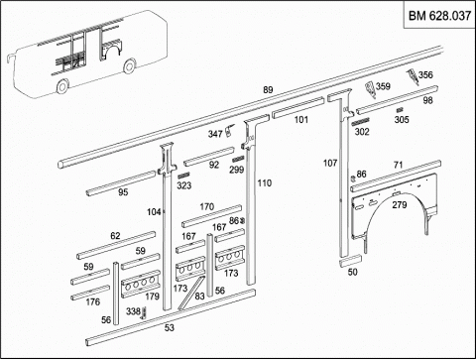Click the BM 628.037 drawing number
[x=439, y=16]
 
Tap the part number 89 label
[x=268, y=89]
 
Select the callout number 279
[x=399, y=205]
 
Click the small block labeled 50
[x=350, y=261]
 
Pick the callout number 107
[x=330, y=163]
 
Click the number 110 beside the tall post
[x=265, y=182]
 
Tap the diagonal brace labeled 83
[x=190, y=294]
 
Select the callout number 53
[x=170, y=327]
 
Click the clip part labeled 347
[x=229, y=130]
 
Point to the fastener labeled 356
[x=413, y=76]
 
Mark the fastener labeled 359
[x=370, y=90]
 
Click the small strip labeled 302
[x=360, y=122]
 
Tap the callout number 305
[x=402, y=119]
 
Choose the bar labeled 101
[x=297, y=107]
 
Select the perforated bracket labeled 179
[x=141, y=284]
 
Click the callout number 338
[x=133, y=311]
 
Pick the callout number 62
[x=115, y=236]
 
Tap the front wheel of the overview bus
[x=62, y=86]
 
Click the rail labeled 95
[x=121, y=183]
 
